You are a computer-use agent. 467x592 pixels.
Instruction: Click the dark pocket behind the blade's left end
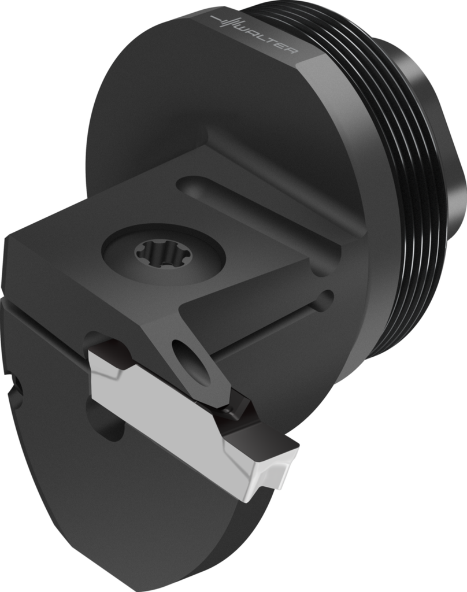click(104, 345)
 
